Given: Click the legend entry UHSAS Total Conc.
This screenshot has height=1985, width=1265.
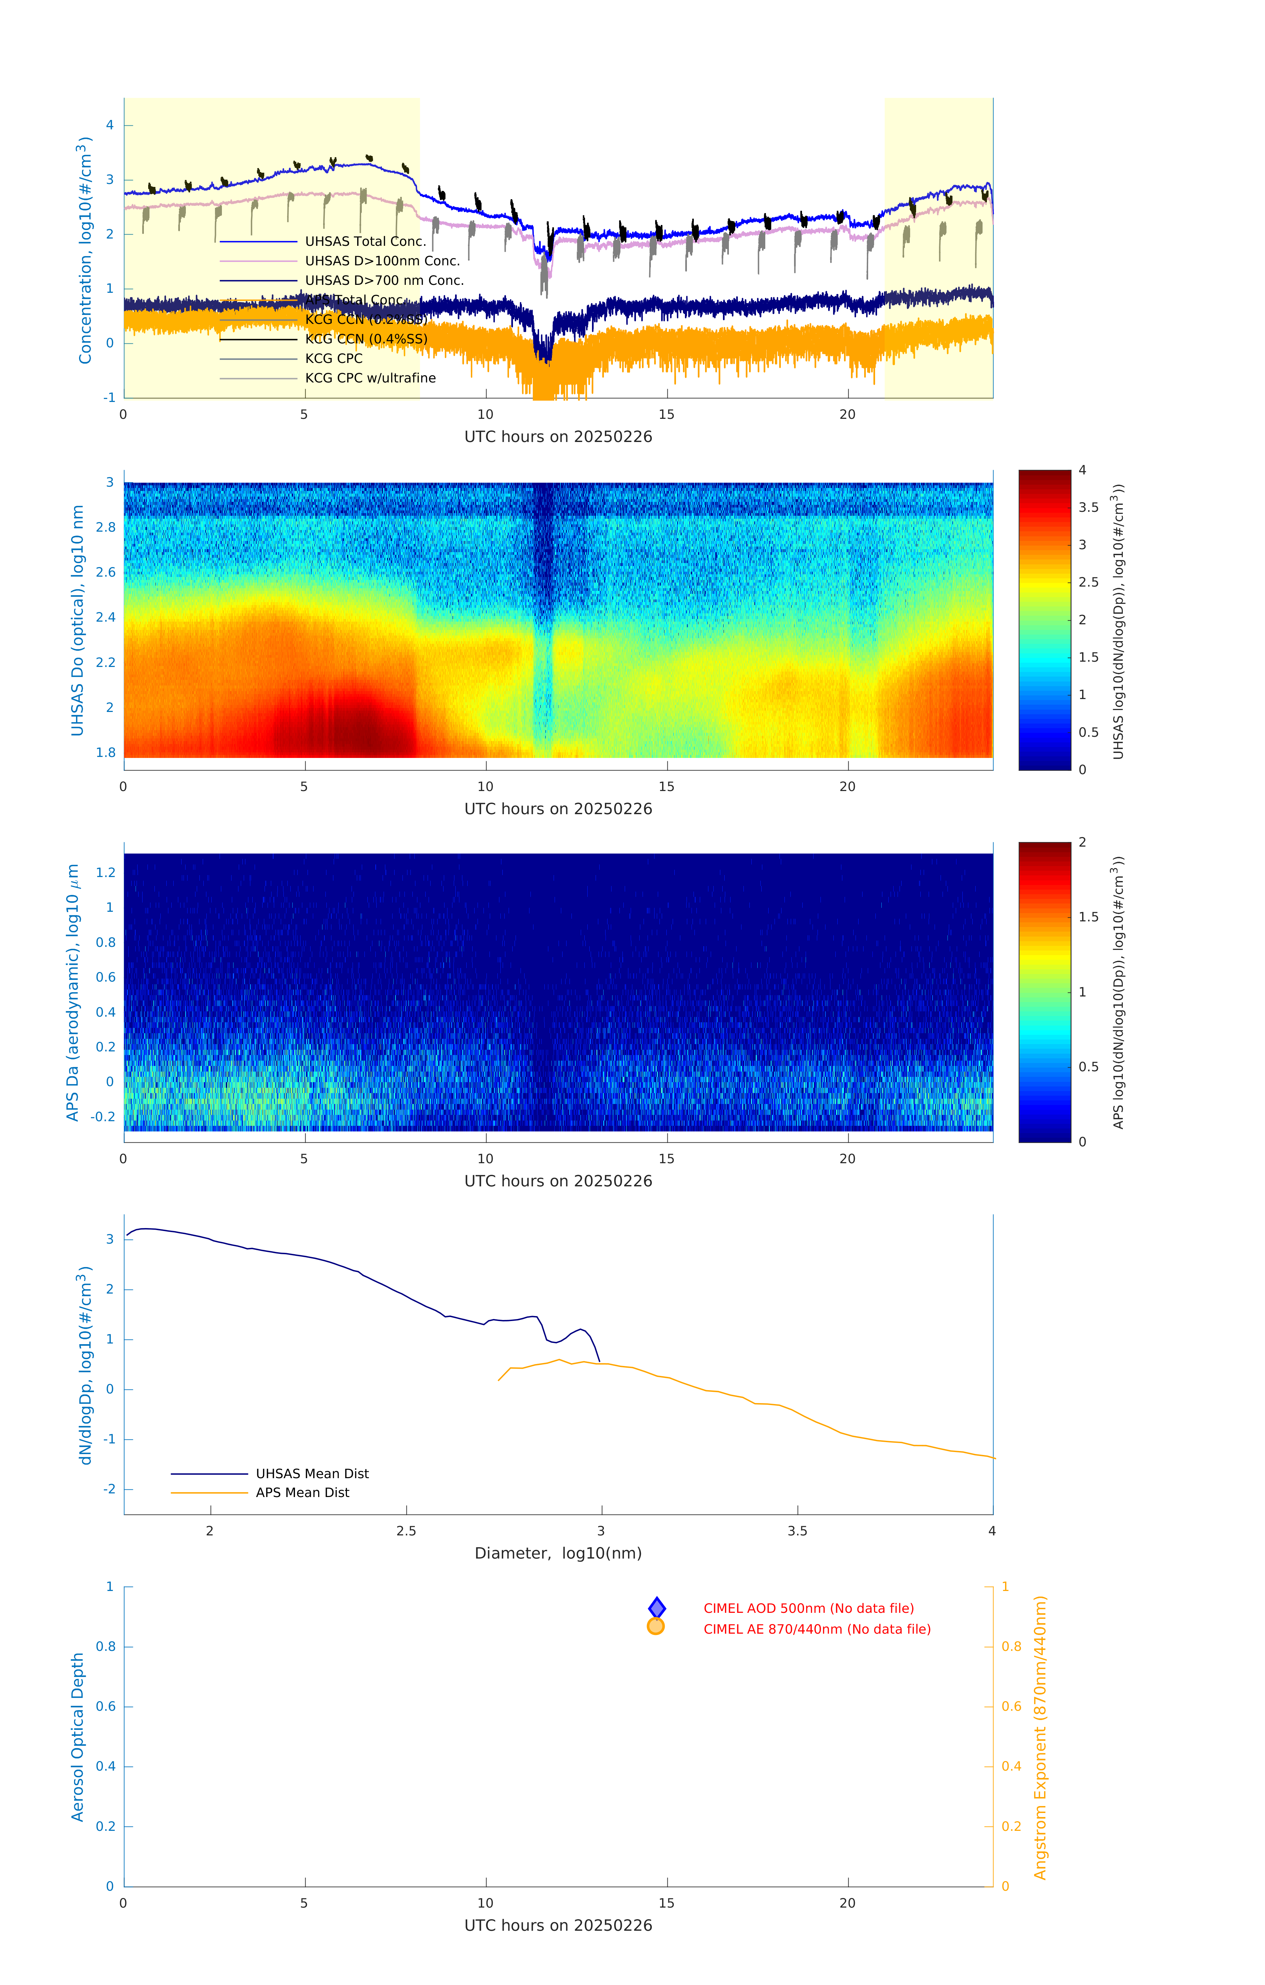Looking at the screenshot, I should (x=365, y=242).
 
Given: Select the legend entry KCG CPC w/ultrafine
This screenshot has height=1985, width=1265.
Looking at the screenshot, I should (x=370, y=378).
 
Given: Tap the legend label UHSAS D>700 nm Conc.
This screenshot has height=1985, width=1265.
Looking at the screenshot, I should (x=384, y=281).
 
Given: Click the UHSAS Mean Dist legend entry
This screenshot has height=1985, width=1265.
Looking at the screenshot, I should (x=312, y=1473).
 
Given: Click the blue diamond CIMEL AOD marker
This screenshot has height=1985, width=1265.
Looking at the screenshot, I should (x=657, y=1608).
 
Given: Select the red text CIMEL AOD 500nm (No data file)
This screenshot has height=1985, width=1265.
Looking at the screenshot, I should (x=809, y=1608).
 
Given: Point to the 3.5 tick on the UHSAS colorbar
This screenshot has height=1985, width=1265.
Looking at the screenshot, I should (x=1088, y=508).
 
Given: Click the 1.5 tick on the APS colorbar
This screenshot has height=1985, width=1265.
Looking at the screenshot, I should (x=1088, y=917).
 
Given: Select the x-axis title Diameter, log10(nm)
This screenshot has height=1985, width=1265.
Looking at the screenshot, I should (x=558, y=1553).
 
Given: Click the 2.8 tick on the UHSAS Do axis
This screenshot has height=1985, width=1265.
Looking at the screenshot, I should (x=105, y=528).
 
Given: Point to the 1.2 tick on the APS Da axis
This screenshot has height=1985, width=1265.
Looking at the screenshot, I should (x=105, y=872).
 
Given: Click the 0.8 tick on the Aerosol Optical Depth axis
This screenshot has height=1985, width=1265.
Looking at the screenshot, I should (x=105, y=1646).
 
